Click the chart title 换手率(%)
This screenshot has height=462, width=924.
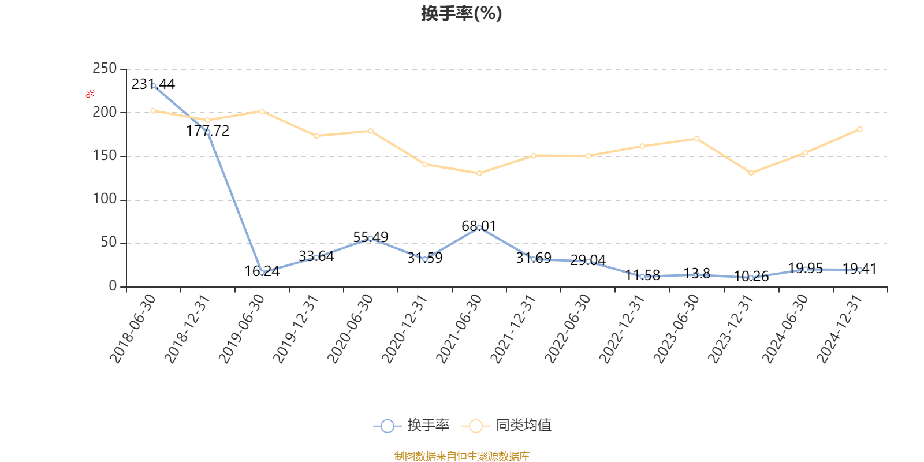pyautogui.click(x=461, y=13)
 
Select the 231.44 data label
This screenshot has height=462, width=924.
pyautogui.click(x=153, y=84)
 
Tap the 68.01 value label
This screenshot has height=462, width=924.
pyautogui.click(x=479, y=226)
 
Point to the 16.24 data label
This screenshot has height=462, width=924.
pyautogui.click(x=262, y=271)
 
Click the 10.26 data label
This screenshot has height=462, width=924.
pyautogui.click(x=751, y=277)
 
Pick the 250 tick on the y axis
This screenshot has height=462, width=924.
pyautogui.click(x=105, y=69)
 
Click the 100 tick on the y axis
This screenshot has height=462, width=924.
pyautogui.click(x=105, y=199)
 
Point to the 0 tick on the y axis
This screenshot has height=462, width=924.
pyautogui.click(x=113, y=286)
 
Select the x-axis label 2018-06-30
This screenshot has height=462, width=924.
pyautogui.click(x=133, y=329)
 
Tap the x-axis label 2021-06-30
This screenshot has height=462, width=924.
pyautogui.click(x=459, y=329)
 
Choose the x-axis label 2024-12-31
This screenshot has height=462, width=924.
pyautogui.click(x=840, y=329)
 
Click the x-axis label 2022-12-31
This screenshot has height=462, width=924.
pyautogui.click(x=622, y=329)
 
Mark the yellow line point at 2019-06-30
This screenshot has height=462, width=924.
pyautogui.click(x=262, y=111)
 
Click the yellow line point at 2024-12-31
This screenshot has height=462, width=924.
pyautogui.click(x=860, y=129)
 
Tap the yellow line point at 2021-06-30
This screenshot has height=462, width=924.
pyautogui.click(x=479, y=173)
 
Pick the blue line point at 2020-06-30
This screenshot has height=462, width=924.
pyautogui.click(x=370, y=239)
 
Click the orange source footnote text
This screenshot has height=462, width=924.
pyautogui.click(x=461, y=456)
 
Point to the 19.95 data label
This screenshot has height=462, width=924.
pyautogui.click(x=805, y=269)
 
